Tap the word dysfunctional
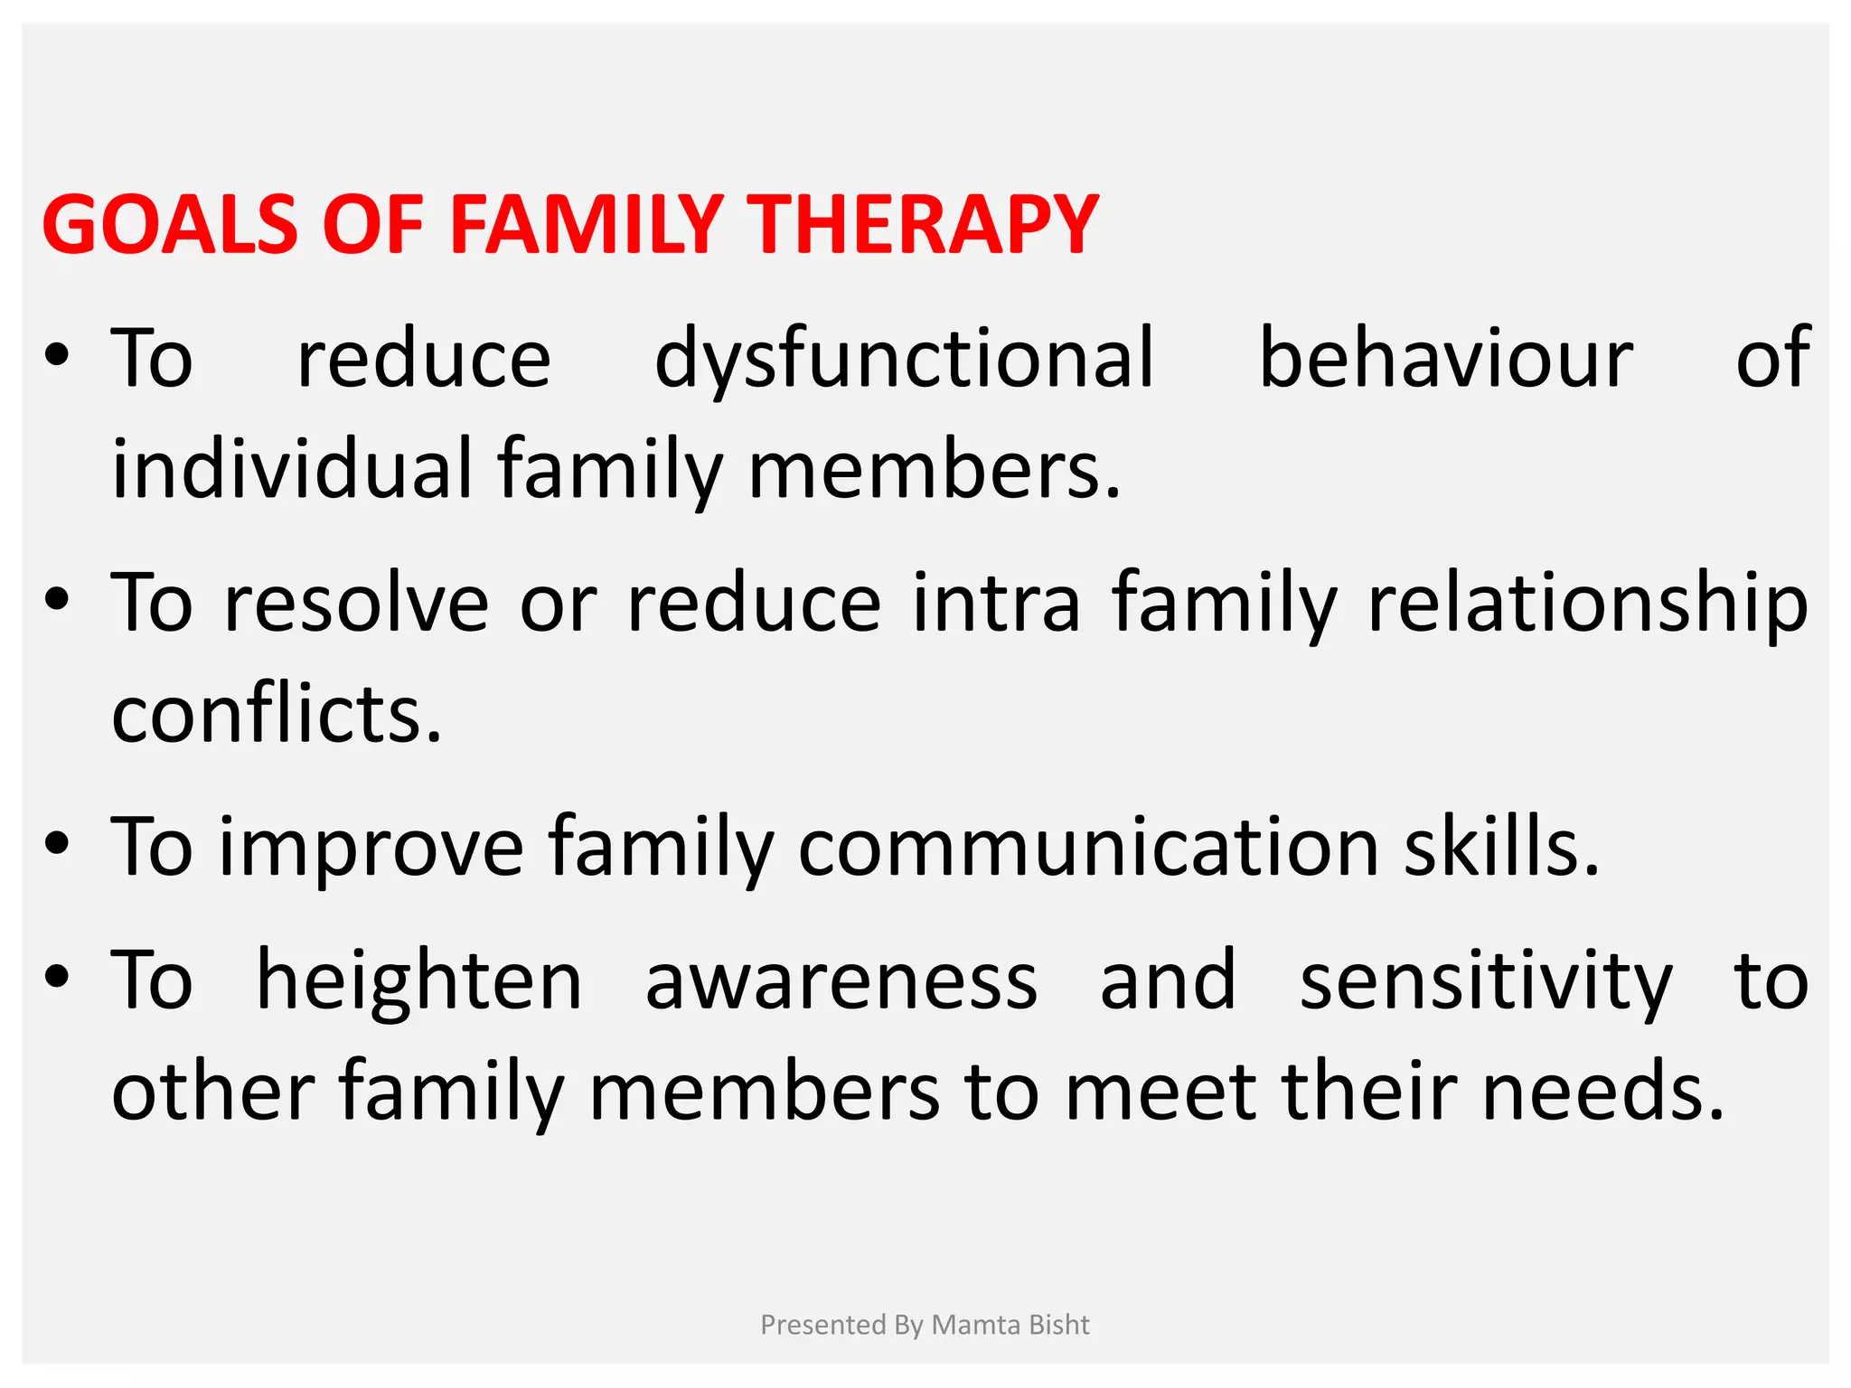tap(904, 360)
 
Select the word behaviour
tap(1445, 360)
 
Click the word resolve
tap(356, 604)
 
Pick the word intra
tap(996, 604)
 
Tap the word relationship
tap(1587, 604)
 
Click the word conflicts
tap(277, 714)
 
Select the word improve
tap(371, 848)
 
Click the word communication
tap(1088, 848)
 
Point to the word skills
tap(1500, 848)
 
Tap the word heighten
tap(419, 981)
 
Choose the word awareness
tap(841, 981)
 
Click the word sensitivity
tap(1486, 981)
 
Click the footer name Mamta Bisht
tap(1010, 1325)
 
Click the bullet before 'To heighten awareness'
tap(57, 978)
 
